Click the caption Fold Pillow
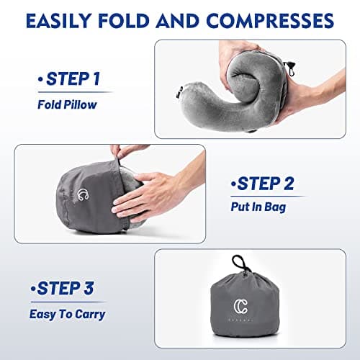click(68, 103)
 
